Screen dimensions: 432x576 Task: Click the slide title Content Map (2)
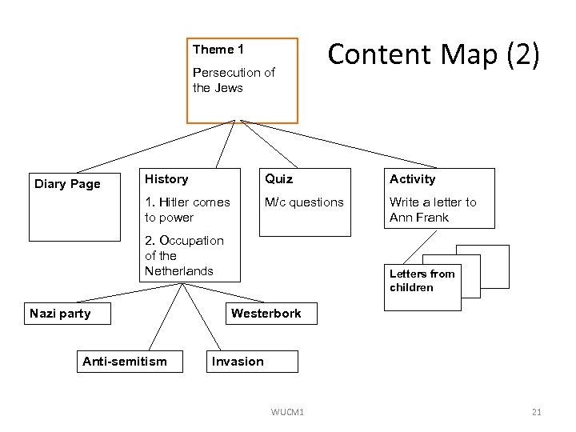tap(434, 54)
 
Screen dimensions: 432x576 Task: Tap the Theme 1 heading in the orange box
tap(213, 50)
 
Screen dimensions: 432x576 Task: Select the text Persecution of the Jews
tap(233, 80)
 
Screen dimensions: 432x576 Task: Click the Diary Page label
tap(67, 184)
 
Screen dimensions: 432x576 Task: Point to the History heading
tap(166, 179)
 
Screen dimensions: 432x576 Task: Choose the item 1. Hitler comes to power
tap(186, 210)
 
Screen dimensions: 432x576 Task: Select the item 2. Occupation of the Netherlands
tap(184, 255)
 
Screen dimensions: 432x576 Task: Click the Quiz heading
tap(279, 179)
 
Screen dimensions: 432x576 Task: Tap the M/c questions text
tap(304, 202)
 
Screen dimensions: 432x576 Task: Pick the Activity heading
tap(412, 179)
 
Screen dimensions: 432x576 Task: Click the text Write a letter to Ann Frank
tap(432, 210)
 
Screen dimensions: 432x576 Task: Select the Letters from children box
tap(422, 281)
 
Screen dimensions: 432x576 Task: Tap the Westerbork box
tap(266, 314)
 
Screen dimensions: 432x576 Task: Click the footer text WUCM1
tap(287, 412)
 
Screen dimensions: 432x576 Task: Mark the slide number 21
tap(536, 412)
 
